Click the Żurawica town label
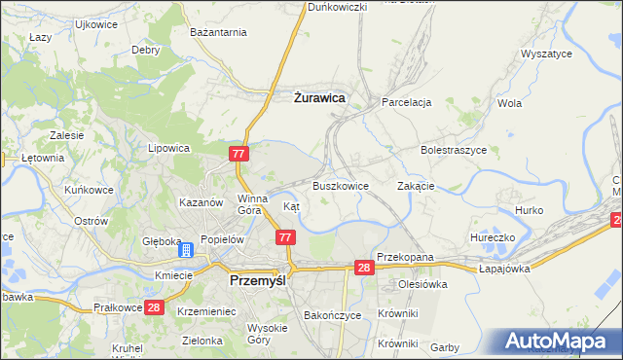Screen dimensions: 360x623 (319, 97)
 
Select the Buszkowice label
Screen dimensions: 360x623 (340, 186)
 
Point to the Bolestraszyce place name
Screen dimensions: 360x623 (453, 151)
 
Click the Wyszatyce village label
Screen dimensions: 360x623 (546, 54)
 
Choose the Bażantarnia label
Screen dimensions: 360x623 (219, 32)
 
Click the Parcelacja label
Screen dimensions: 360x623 (406, 102)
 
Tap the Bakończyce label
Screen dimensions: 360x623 (333, 315)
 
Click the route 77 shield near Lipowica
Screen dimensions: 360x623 (240, 154)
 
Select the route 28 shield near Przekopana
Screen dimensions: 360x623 (363, 268)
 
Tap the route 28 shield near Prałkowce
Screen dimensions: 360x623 (153, 307)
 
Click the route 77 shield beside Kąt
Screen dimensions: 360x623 (285, 237)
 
